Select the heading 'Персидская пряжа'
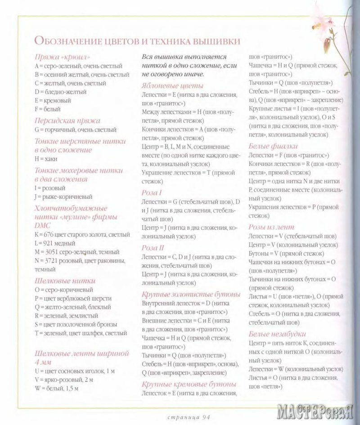(67, 121)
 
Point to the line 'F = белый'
(47, 109)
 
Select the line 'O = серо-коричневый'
(63, 290)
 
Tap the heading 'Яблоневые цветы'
(172, 85)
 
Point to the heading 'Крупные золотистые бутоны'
(191, 294)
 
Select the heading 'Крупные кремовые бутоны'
(189, 384)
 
